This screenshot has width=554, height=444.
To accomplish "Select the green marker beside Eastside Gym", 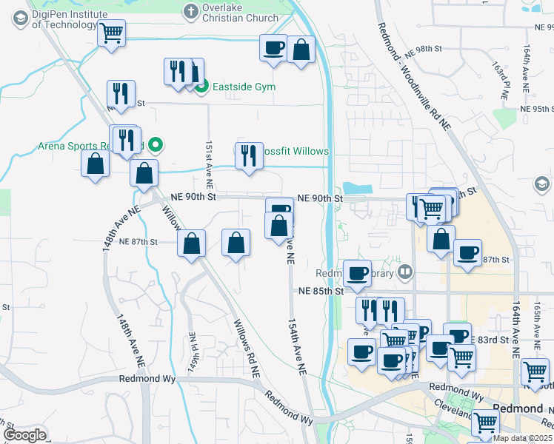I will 201,87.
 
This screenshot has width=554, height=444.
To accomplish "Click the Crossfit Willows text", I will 296,151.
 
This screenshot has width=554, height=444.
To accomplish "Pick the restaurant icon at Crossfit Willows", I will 249,155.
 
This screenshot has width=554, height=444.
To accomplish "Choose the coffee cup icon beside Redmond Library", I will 357,273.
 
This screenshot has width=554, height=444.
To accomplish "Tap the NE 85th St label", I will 318,291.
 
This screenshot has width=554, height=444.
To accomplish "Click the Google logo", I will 24,435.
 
